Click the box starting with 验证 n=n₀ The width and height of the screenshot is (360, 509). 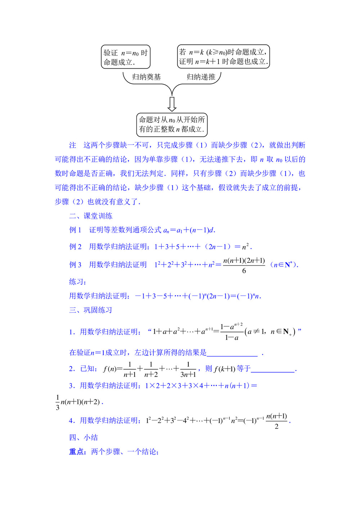click(125, 57)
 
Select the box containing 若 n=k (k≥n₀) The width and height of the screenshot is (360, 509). click(223, 57)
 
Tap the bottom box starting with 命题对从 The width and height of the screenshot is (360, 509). click(172, 124)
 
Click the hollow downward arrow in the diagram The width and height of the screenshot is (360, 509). click(172, 104)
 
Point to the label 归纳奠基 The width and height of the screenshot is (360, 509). click(147, 77)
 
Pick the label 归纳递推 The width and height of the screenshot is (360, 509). click(201, 77)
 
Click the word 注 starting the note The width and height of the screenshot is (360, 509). click(73, 145)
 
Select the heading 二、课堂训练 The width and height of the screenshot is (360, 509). click(91, 216)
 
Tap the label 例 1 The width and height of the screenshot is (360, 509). click(75, 230)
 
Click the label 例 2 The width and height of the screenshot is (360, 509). click(75, 247)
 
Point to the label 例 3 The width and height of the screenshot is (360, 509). click(75, 265)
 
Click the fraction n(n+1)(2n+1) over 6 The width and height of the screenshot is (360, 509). click(244, 265)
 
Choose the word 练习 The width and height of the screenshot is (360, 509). click(77, 282)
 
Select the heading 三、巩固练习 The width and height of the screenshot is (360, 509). click(91, 310)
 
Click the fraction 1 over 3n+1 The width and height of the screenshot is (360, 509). click(188, 369)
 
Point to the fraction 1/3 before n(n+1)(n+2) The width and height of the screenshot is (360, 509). click(58, 402)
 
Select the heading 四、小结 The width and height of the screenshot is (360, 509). click(84, 437)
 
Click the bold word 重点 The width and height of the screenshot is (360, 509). click(77, 452)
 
